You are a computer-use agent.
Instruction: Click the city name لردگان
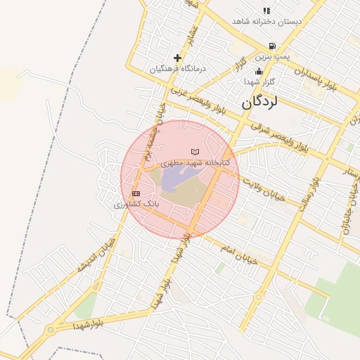[x=260, y=101]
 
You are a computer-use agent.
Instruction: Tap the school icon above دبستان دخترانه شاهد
[x=266, y=11]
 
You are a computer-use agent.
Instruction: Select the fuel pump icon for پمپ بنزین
[x=272, y=46]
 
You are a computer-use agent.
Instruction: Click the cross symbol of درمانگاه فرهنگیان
[x=177, y=58]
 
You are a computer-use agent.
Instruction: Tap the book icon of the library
[x=195, y=152]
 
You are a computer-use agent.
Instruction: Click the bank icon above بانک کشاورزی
[x=136, y=193]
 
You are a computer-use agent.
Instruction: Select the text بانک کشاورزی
[x=137, y=204]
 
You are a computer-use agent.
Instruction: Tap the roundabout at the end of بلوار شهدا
[x=50, y=329]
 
